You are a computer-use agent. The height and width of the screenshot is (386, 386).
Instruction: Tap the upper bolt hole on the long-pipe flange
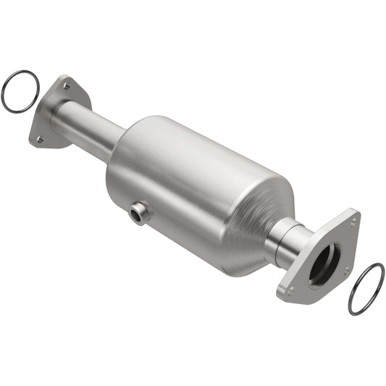[x=67, y=85]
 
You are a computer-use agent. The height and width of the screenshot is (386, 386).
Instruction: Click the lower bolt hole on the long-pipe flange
[x=40, y=138]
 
